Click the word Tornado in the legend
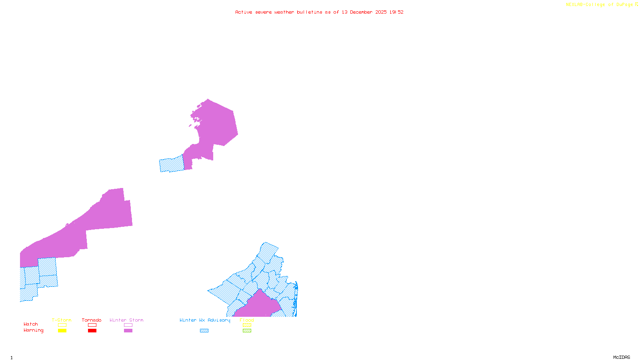[x=92, y=320]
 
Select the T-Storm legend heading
[x=62, y=320]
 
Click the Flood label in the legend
[x=247, y=320]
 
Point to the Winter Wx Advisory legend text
[x=205, y=320]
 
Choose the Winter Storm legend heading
[x=126, y=320]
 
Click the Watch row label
[x=31, y=324]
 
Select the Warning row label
[x=34, y=330]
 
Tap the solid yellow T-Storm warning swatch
[x=62, y=331]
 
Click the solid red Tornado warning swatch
[x=92, y=331]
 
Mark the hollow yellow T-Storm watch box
[x=62, y=325]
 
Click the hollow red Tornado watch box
[x=92, y=325]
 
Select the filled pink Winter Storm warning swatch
[x=128, y=331]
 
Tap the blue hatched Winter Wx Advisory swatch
[x=204, y=331]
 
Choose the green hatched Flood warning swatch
[x=247, y=331]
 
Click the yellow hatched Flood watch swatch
[x=247, y=325]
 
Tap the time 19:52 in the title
[x=396, y=12]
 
